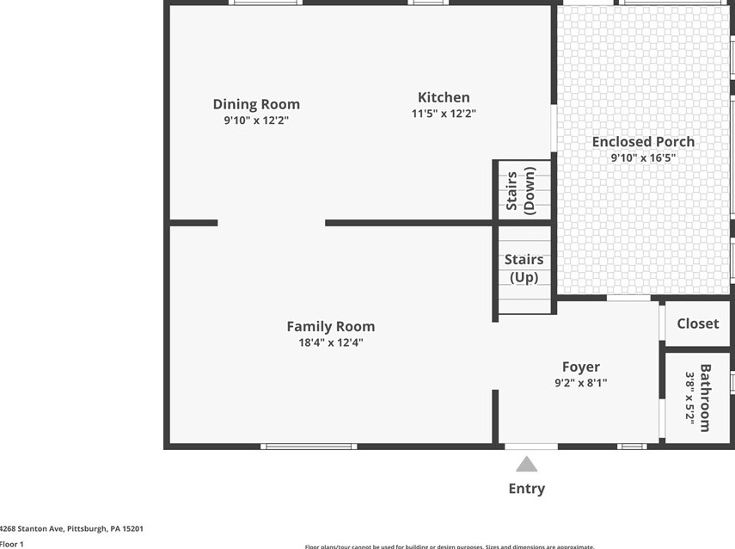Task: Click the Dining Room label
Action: (256, 104)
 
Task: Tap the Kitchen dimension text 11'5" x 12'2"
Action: (444, 114)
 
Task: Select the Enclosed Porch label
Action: (643, 142)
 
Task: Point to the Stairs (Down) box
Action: (522, 191)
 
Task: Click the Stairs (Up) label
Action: (524, 268)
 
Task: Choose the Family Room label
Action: (330, 326)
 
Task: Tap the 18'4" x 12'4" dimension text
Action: (330, 342)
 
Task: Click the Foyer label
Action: (580, 367)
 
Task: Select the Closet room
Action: (697, 324)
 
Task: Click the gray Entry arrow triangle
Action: (526, 466)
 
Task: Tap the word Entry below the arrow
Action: (526, 489)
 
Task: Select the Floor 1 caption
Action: (12, 544)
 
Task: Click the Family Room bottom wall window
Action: (309, 447)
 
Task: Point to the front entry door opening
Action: (530, 447)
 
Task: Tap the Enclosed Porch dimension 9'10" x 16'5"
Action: (643, 158)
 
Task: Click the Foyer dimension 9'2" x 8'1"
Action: (580, 383)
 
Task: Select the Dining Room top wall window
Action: (266, 3)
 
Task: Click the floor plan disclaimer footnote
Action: (449, 546)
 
